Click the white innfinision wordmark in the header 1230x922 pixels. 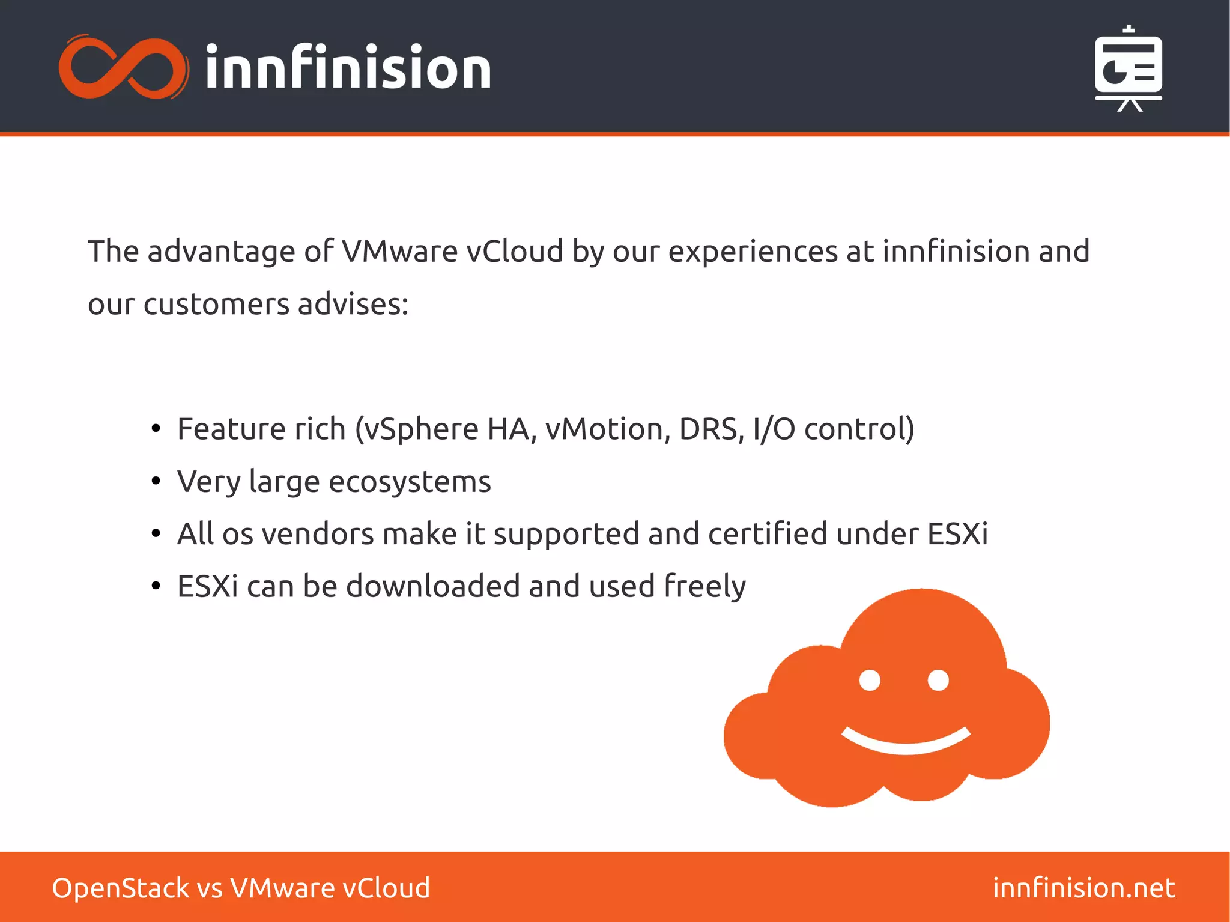348,67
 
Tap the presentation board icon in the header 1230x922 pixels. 1129,69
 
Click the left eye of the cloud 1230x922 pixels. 870,681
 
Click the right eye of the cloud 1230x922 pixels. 938,681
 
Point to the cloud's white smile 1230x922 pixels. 906,742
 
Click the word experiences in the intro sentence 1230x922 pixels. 753,252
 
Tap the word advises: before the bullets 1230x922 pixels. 353,304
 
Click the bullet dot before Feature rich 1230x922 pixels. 156,429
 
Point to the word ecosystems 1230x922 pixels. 410,482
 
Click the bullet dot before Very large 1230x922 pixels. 156,481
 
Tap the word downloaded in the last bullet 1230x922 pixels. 433,586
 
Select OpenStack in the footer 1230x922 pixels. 120,888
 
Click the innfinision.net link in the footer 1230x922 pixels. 1083,888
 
